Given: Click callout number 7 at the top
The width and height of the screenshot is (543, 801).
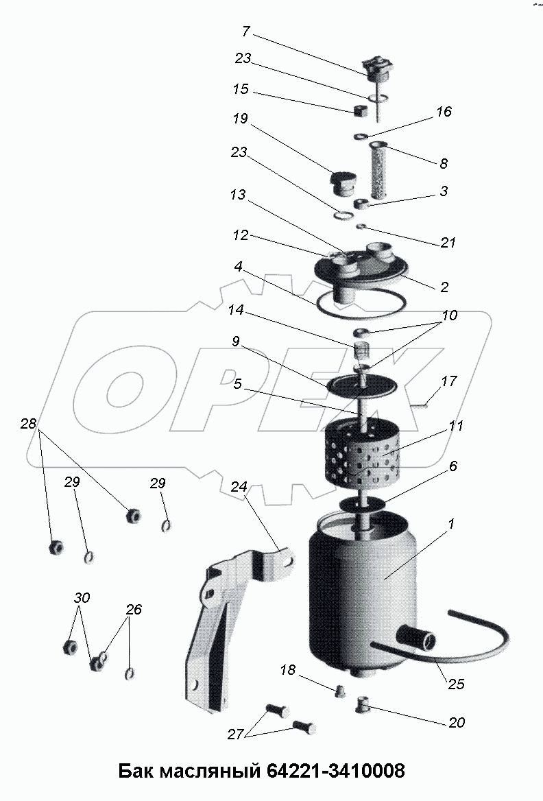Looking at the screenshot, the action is pos(246,32).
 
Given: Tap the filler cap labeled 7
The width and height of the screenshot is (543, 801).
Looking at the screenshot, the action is pos(378,71).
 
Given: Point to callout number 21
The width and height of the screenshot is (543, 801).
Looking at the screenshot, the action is pos(448,242).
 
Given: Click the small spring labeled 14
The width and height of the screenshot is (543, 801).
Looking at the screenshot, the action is pos(362,350).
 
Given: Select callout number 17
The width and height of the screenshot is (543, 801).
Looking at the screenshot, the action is pos(449,381).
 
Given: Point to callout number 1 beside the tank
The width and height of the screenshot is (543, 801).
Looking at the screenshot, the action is pos(450,524).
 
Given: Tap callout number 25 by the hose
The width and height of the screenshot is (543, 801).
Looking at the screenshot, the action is pos(456,684).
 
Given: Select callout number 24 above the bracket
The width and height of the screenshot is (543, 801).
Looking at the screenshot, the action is pos(239,487).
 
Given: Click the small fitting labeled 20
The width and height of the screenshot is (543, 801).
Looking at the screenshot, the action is pos(362,706).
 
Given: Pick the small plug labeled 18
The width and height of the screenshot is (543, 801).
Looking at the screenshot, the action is pos(339,692).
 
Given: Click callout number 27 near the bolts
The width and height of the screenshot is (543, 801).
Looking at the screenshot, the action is pos(235,734).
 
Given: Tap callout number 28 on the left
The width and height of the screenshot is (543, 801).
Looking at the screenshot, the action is pos(29,424).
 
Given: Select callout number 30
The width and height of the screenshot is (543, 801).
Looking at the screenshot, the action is pos(82,597).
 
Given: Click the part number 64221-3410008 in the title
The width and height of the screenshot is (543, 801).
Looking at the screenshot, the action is pos(335,770).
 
